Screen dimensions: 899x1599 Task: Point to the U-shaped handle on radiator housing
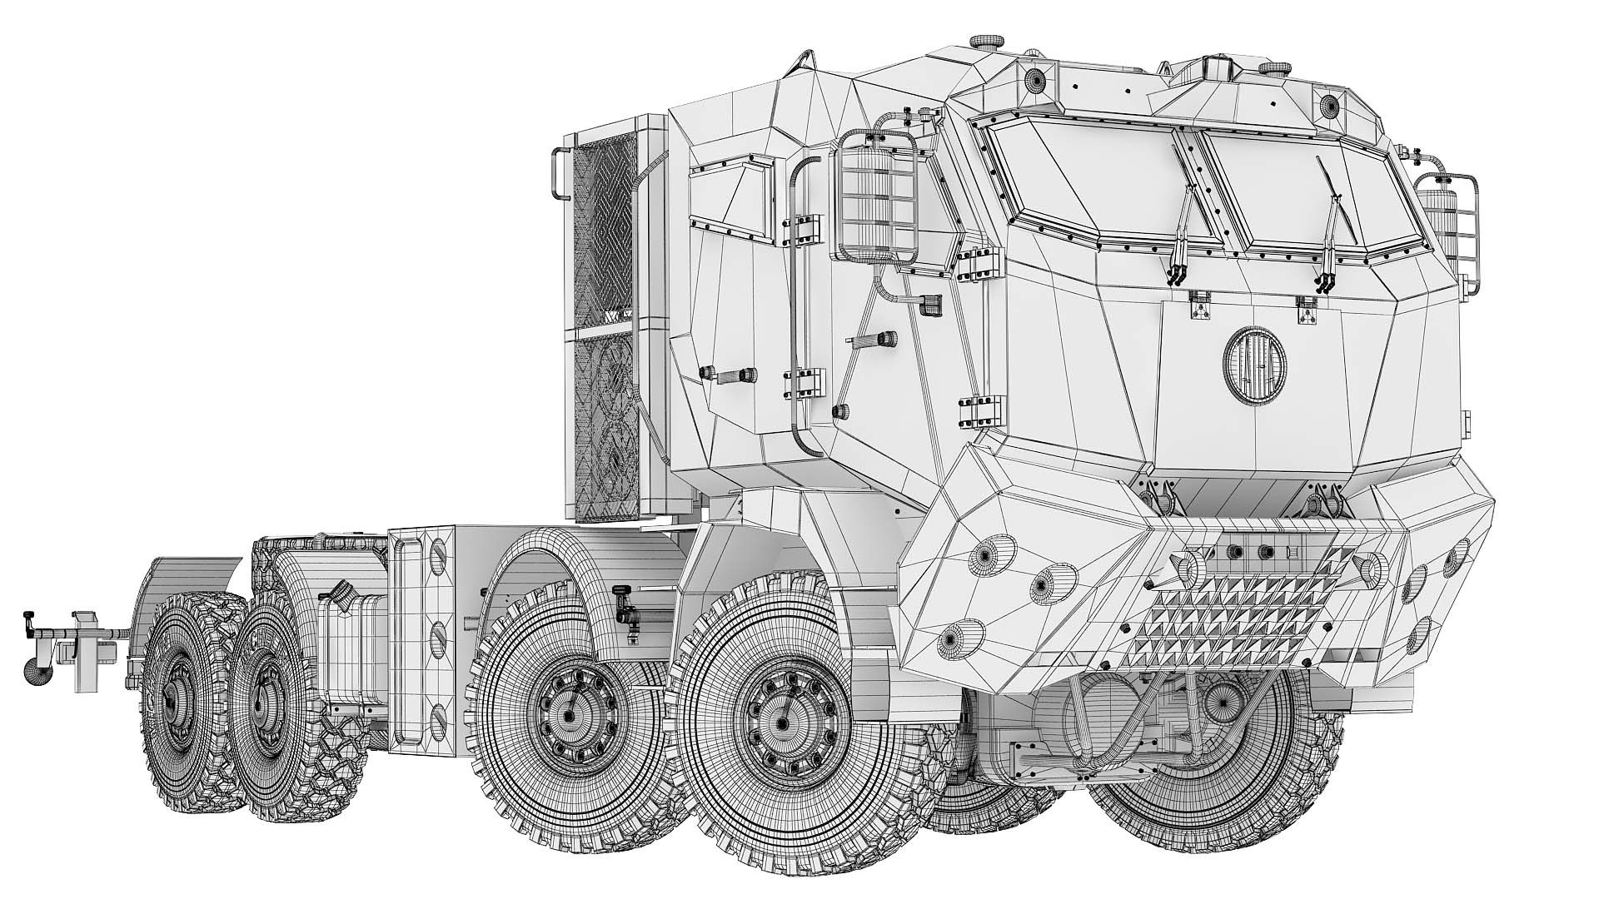[560, 173]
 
